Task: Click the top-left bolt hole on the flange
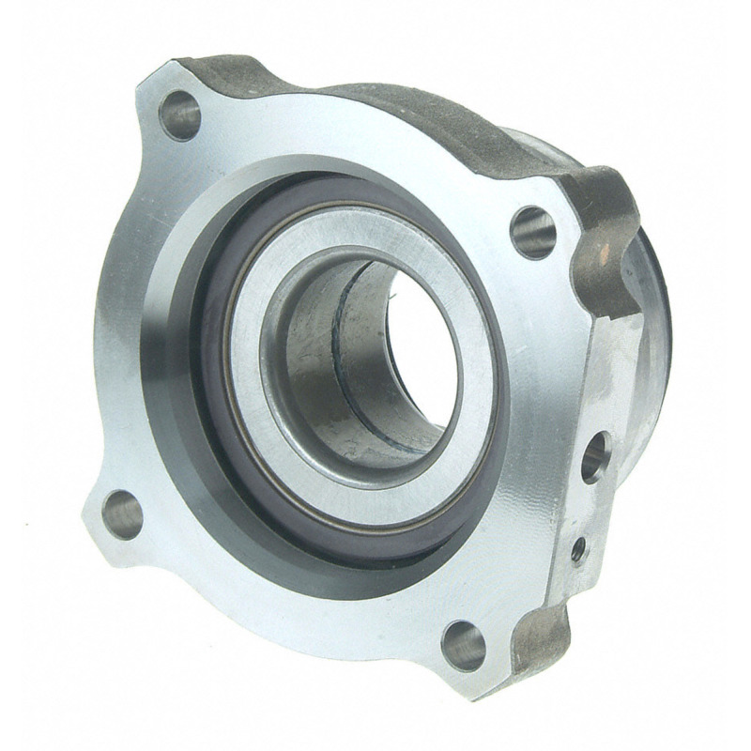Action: (179, 116)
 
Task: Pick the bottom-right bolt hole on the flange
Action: (465, 646)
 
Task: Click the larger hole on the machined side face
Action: (593, 457)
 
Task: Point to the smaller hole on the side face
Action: (579, 547)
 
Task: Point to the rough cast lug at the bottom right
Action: (544, 638)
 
